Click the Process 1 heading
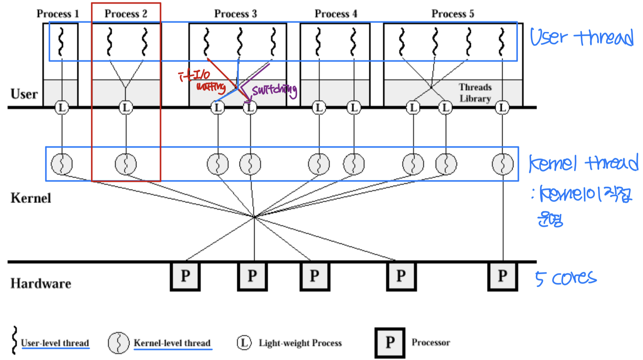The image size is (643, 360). (x=58, y=14)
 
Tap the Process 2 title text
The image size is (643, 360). (x=126, y=14)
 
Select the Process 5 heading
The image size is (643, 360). (x=452, y=14)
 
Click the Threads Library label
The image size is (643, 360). (x=475, y=93)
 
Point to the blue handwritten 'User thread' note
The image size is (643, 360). (x=581, y=38)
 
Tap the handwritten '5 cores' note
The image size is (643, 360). (x=565, y=278)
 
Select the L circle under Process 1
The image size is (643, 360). (x=62, y=108)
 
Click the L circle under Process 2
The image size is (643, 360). (x=126, y=108)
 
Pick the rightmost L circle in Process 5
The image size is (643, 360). (x=502, y=108)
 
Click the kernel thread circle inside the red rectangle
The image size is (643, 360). (x=126, y=164)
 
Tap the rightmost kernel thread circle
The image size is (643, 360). (x=503, y=164)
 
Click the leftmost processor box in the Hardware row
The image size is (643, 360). (x=185, y=276)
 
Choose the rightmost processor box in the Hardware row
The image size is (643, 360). (x=503, y=276)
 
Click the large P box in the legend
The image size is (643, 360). (x=390, y=343)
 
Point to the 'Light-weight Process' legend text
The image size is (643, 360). (x=300, y=343)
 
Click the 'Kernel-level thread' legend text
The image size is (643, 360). (x=172, y=343)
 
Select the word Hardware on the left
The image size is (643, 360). (x=41, y=284)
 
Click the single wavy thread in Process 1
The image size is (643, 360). (x=61, y=42)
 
